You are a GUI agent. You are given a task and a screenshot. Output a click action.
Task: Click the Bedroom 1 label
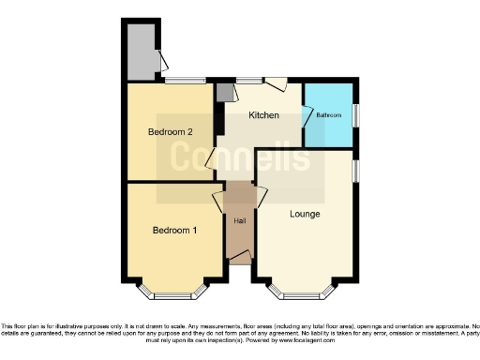pos(174,230)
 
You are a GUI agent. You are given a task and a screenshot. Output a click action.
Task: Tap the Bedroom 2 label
pos(170,132)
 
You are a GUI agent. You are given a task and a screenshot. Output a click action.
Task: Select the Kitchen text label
pos(263,115)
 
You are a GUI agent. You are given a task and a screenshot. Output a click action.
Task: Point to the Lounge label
pos(305,214)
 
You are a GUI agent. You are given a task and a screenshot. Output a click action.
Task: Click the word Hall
pos(239,221)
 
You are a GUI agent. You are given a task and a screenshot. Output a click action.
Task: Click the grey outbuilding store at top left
pos(142,52)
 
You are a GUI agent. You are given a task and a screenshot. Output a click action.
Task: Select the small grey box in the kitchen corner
pos(224,93)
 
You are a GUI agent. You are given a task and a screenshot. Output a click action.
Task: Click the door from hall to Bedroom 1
pos(219,201)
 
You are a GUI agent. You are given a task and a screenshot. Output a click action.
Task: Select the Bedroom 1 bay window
pos(174,291)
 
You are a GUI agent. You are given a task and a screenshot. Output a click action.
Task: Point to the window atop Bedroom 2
pos(187,82)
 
